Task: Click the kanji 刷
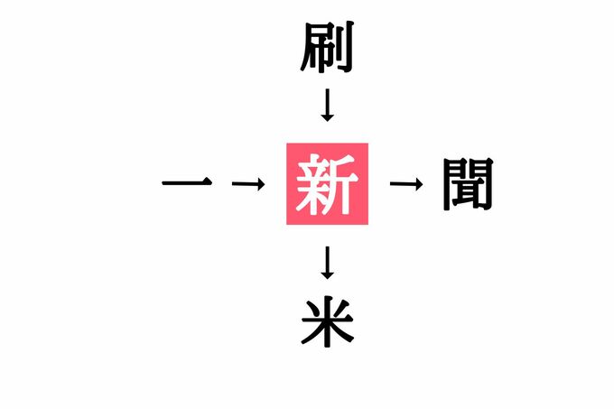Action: click(x=327, y=49)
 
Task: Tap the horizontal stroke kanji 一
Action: click(x=187, y=184)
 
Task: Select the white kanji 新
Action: click(x=328, y=184)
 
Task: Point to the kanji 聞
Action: click(x=468, y=184)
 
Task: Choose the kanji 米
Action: click(x=327, y=322)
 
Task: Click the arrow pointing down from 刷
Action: click(x=328, y=106)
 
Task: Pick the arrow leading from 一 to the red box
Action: click(x=247, y=184)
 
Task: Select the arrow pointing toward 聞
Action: click(x=406, y=184)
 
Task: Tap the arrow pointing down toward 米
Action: click(x=328, y=262)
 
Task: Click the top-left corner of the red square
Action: click(x=286, y=143)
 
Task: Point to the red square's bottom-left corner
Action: click(x=286, y=226)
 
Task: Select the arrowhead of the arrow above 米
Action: click(x=328, y=274)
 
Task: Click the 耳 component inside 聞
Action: click(x=468, y=192)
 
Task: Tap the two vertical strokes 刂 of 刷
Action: click(x=344, y=49)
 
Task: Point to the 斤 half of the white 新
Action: click(x=344, y=186)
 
